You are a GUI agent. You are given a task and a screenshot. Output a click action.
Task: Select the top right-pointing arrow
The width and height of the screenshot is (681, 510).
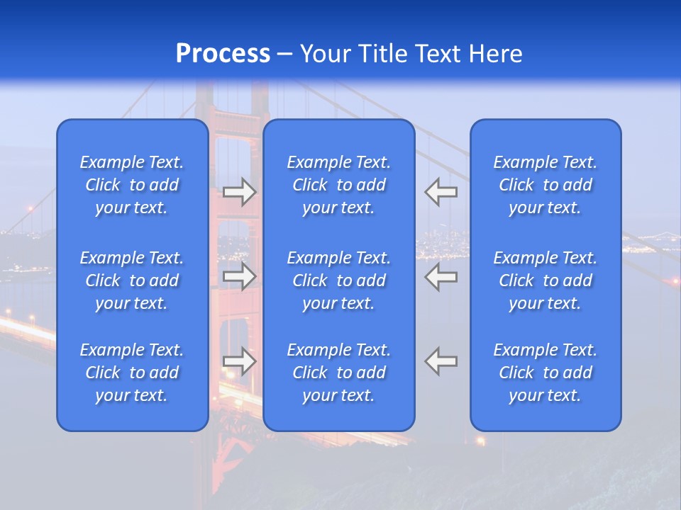pos(240,192)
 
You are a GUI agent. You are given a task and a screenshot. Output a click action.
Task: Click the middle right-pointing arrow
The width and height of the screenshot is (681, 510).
pos(240,276)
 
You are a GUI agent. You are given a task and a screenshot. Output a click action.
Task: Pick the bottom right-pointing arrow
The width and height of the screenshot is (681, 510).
pos(240,361)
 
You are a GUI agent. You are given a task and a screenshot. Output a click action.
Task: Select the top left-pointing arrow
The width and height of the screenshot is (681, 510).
pos(441,192)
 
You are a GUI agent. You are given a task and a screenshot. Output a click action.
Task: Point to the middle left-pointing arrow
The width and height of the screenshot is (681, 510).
pos(441,276)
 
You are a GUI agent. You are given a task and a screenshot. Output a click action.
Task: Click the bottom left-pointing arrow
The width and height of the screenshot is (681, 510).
pos(441,361)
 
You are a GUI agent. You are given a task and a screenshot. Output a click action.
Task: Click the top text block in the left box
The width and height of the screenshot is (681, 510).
pos(132,185)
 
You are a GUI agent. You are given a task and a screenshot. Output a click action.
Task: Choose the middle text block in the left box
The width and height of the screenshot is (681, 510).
pos(132,280)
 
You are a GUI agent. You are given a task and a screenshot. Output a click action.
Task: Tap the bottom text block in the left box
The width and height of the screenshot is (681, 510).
pos(132,373)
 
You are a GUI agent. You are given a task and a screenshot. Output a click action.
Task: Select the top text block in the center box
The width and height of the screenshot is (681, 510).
pos(339,185)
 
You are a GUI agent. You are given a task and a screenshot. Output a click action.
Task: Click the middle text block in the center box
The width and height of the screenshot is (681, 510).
pos(339,280)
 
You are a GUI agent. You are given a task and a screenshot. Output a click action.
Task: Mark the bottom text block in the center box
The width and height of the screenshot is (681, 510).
pos(339,373)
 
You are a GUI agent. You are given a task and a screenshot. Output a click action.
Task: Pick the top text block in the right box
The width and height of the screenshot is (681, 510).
pos(546,185)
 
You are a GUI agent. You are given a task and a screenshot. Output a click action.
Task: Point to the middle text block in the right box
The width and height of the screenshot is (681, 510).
pos(546,280)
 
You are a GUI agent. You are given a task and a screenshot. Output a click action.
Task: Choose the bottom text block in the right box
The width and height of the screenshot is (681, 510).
pos(546,373)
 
